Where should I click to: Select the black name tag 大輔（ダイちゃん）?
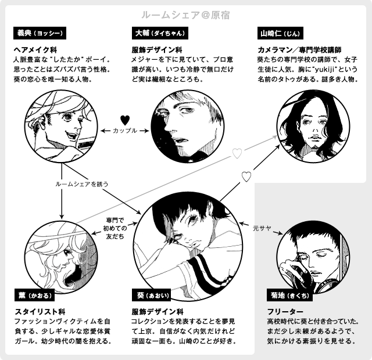click(162, 33)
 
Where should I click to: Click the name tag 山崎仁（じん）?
click(281, 33)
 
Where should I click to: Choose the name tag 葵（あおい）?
click(153, 296)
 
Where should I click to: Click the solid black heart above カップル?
click(124, 120)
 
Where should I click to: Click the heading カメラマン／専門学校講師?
click(298, 50)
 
